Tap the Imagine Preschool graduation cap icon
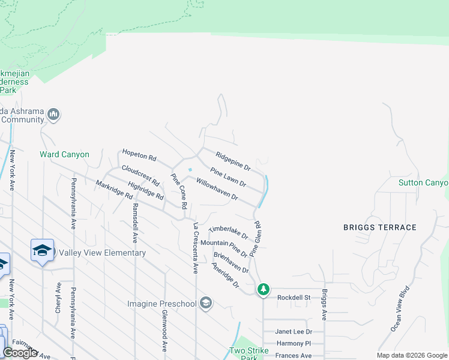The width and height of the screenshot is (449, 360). [x=206, y=303]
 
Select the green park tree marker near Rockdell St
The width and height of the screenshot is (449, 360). [x=263, y=290]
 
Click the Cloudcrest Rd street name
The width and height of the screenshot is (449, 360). [x=140, y=174]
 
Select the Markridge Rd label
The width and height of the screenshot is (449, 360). [x=113, y=189]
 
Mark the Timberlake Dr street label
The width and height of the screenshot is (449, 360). [x=228, y=233]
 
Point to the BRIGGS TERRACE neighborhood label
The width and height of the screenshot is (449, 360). [x=379, y=227]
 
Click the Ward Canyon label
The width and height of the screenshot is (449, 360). [x=64, y=154]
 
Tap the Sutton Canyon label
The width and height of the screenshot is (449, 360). [x=424, y=182]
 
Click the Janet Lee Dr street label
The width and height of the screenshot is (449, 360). [x=294, y=331]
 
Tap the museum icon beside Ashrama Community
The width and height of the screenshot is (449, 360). [x=53, y=114]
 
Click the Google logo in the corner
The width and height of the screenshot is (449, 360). [x=20, y=353]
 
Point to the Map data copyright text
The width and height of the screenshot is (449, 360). [x=411, y=355]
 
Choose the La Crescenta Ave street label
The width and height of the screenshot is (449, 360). [x=195, y=248]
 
